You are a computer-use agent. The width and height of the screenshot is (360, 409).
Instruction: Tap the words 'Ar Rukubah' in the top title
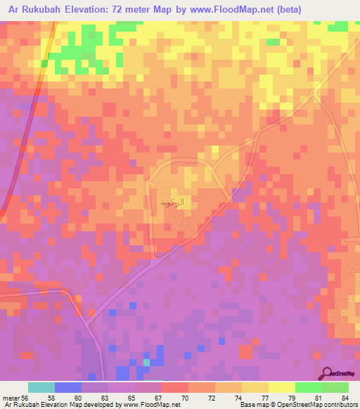click(34, 10)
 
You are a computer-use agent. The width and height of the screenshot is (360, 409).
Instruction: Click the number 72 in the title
click(127, 10)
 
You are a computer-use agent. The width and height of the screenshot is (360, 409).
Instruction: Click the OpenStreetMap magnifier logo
click(328, 373)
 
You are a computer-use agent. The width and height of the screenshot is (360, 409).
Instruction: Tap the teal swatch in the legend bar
click(41, 387)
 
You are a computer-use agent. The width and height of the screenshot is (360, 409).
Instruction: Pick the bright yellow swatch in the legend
click(281, 387)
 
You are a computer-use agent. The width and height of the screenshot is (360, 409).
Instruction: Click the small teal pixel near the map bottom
click(146, 363)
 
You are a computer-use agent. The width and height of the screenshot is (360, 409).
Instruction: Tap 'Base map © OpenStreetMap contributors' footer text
click(298, 405)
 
